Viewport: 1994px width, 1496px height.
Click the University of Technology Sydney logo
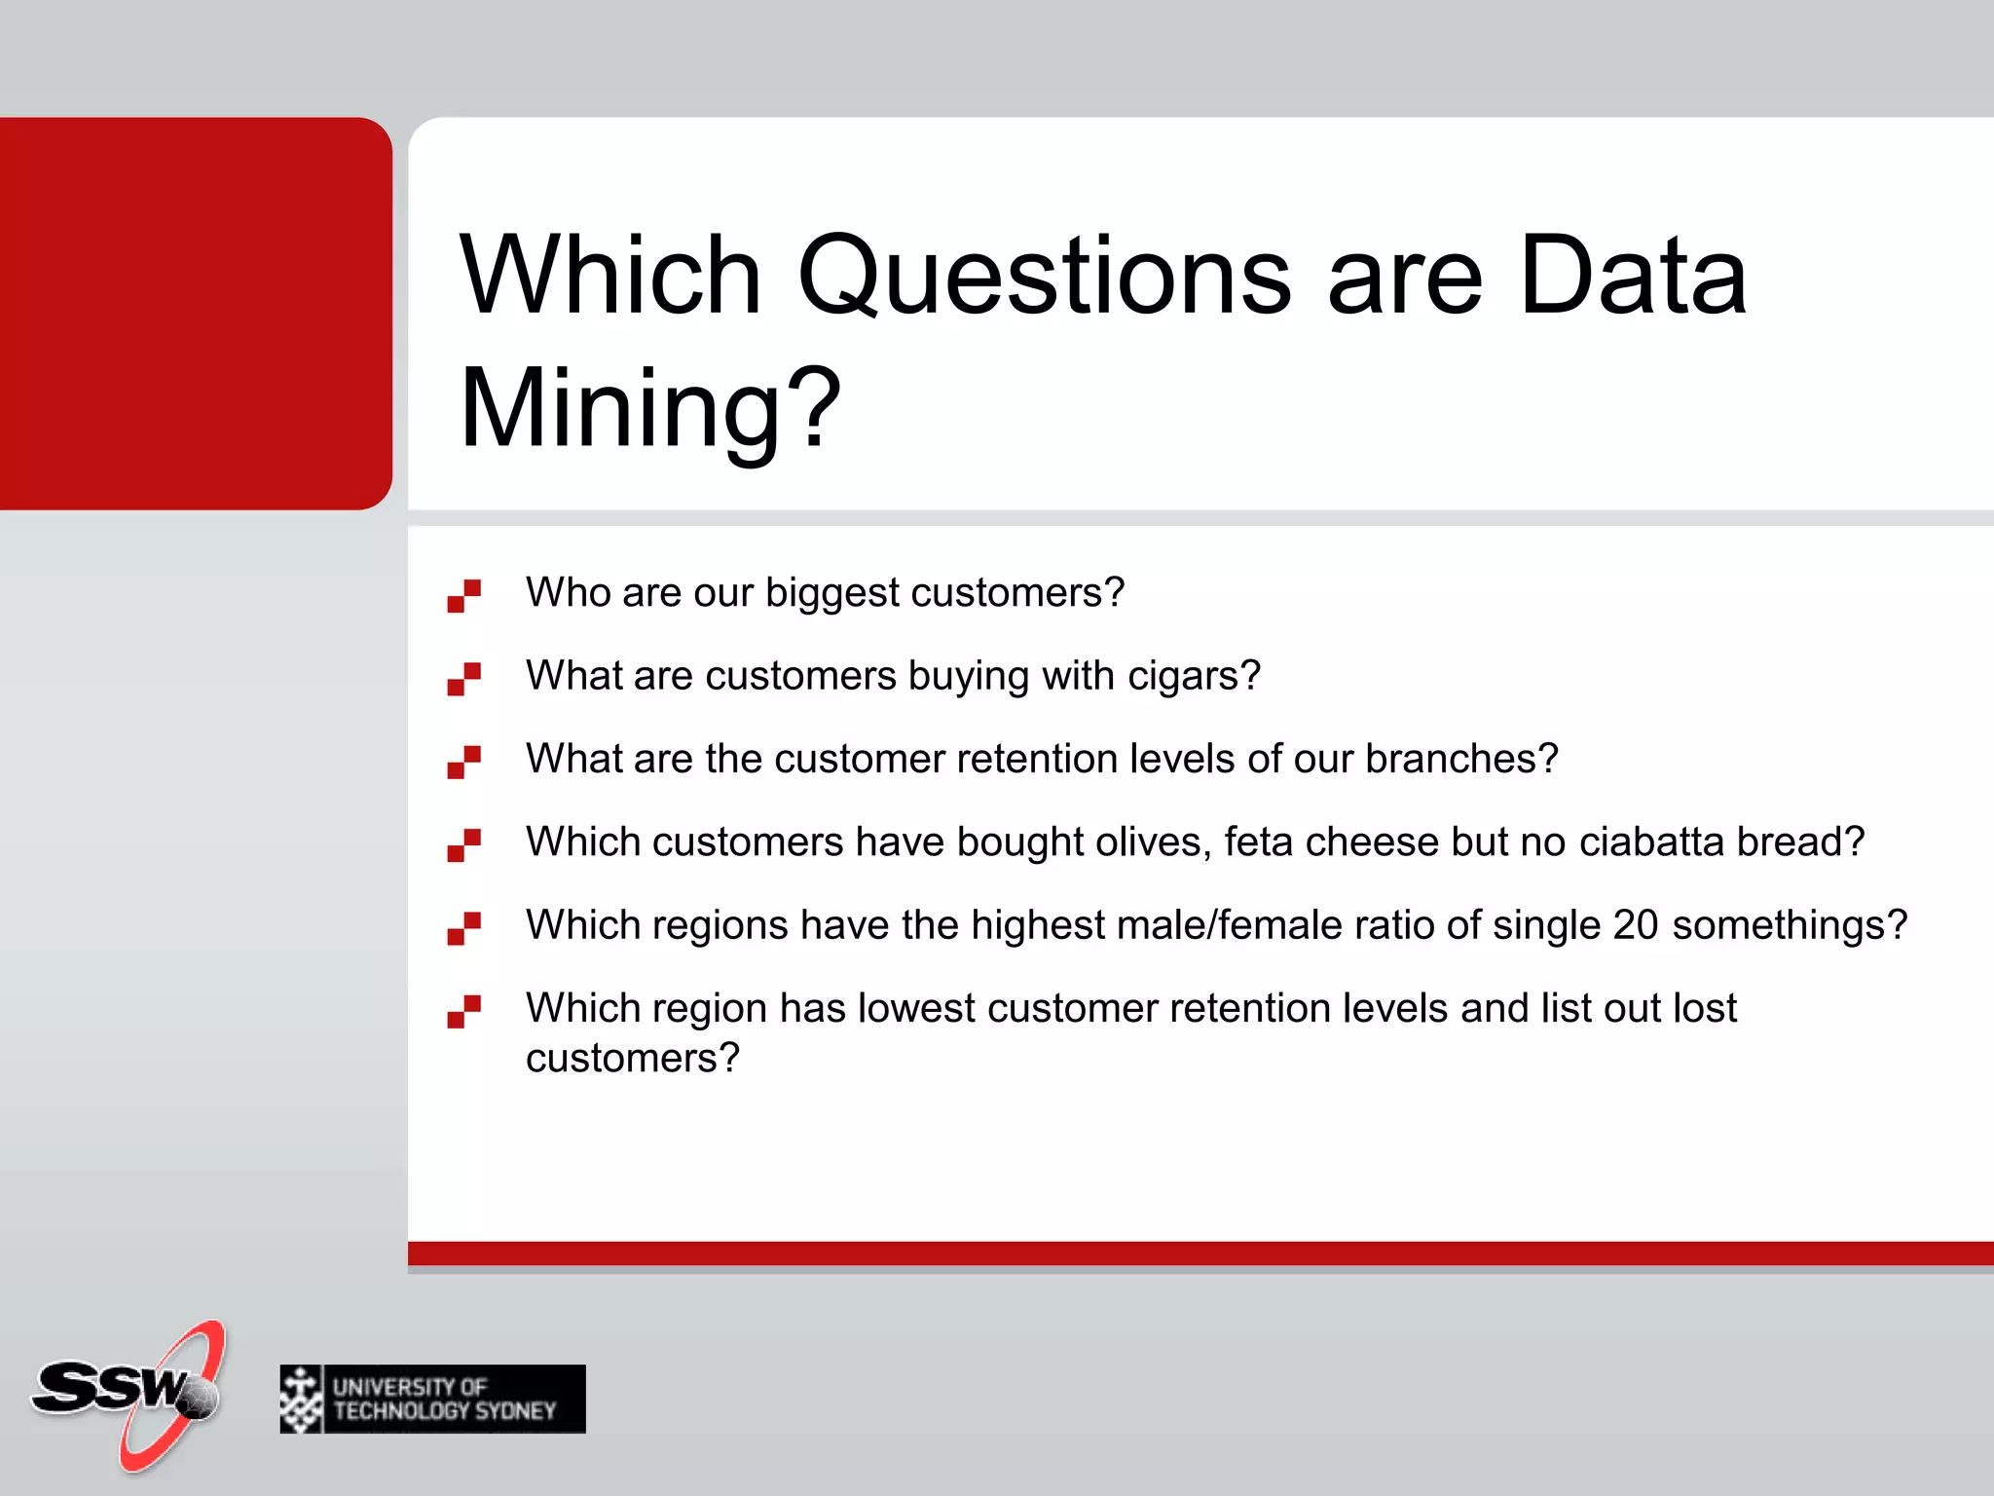click(432, 1399)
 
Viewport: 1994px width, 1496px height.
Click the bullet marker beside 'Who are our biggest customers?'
click(463, 596)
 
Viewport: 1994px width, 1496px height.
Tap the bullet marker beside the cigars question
click(463, 679)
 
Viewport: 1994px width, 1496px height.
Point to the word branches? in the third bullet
click(1461, 759)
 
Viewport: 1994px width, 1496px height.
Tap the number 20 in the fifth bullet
click(1635, 925)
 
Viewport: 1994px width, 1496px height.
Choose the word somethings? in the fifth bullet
click(1790, 925)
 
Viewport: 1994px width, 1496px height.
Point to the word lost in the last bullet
click(1705, 1008)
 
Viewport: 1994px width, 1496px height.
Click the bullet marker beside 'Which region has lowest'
click(463, 1011)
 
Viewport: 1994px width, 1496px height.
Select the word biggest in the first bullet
click(831, 593)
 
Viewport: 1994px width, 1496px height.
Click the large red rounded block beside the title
click(195, 314)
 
